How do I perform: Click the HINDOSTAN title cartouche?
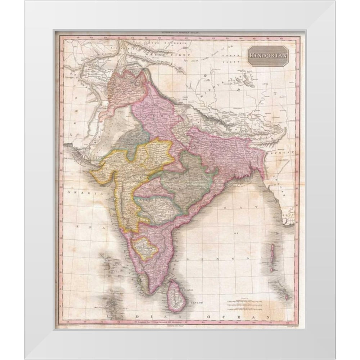click(267, 56)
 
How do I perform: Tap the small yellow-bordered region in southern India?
click(145, 248)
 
